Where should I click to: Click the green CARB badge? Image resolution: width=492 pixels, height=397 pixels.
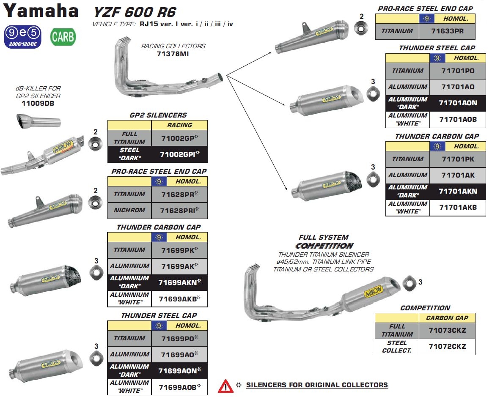pyautogui.click(x=63, y=37)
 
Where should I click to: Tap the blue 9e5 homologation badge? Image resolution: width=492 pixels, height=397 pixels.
pyautogui.click(x=22, y=37)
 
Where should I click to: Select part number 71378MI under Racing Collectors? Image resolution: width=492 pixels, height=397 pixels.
pyautogui.click(x=173, y=54)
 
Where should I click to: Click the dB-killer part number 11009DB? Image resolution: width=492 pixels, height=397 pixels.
pyautogui.click(x=38, y=104)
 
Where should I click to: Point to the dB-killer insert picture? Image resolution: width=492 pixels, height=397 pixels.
pyautogui.click(x=38, y=121)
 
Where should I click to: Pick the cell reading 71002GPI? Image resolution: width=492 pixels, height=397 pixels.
pyautogui.click(x=179, y=154)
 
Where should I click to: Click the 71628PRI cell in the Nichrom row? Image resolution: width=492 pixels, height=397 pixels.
pyautogui.click(x=179, y=211)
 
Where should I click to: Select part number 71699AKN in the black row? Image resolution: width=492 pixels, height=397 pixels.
pyautogui.click(x=179, y=282)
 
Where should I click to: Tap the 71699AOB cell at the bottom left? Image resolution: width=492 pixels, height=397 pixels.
pyautogui.click(x=179, y=387)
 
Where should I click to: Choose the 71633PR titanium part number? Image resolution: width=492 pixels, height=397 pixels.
pyautogui.click(x=447, y=31)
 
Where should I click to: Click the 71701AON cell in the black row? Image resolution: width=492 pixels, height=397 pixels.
pyautogui.click(x=458, y=103)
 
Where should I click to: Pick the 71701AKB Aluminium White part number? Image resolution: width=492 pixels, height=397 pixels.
pyautogui.click(x=458, y=207)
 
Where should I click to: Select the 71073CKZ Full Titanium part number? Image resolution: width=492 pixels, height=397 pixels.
pyautogui.click(x=447, y=331)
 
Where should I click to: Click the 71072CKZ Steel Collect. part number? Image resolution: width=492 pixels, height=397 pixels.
pyautogui.click(x=447, y=347)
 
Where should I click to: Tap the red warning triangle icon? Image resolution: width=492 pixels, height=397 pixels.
pyautogui.click(x=225, y=386)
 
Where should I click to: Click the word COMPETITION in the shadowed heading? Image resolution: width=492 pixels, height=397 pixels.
pyautogui.click(x=324, y=246)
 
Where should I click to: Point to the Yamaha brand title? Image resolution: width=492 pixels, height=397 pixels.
pyautogui.click(x=41, y=11)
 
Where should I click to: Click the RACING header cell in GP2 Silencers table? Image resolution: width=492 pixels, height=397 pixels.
pyautogui.click(x=179, y=125)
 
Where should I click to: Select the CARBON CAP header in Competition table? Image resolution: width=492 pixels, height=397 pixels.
pyautogui.click(x=447, y=318)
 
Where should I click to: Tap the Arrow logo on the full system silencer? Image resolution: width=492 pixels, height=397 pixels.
pyautogui.click(x=374, y=291)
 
